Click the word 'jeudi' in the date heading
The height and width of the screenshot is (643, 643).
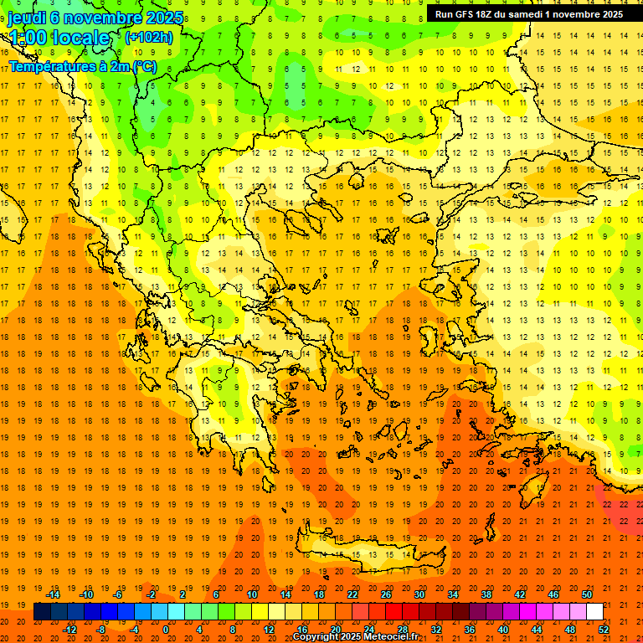point(28,18)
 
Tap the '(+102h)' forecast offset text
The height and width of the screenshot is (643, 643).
point(148,37)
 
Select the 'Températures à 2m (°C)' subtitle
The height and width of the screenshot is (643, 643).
point(82,66)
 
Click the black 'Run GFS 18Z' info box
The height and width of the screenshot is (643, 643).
point(528,14)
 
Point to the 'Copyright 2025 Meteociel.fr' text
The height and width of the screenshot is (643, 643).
point(355,637)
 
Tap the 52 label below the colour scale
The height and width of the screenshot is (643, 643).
point(604,630)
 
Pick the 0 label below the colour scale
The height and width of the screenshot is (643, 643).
point(165,630)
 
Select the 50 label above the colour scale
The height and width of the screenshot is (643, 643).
point(586,594)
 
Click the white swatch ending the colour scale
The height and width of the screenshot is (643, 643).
point(595,612)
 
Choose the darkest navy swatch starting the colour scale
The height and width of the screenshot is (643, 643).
point(42,612)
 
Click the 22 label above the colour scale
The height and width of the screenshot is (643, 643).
point(352,594)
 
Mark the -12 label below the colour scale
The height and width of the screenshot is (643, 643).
point(70,630)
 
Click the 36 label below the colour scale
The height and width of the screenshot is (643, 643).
point(469,630)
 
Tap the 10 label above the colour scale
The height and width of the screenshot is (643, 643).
point(251,594)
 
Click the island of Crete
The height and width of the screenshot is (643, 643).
point(368,558)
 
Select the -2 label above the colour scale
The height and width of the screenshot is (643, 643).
point(152,594)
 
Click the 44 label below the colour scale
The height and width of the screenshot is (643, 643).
point(537,630)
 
